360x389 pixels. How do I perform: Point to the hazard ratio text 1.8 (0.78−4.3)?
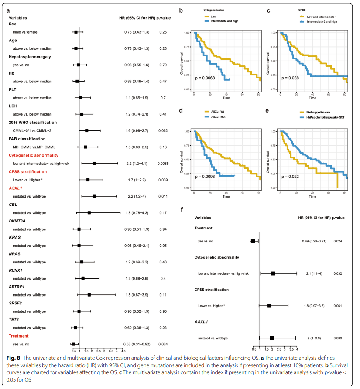(x=135, y=213)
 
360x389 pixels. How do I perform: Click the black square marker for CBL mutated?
(x=89, y=213)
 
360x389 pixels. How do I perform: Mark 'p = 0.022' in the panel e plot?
(x=290, y=177)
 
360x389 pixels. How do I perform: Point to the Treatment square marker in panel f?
(x=253, y=241)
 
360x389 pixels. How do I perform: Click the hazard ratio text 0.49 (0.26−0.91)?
(x=315, y=241)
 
